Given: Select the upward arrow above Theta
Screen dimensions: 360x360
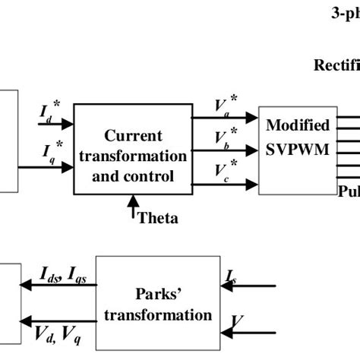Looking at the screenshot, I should tap(134, 206).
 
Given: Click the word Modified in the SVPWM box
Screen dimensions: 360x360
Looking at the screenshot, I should tap(302, 125).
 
